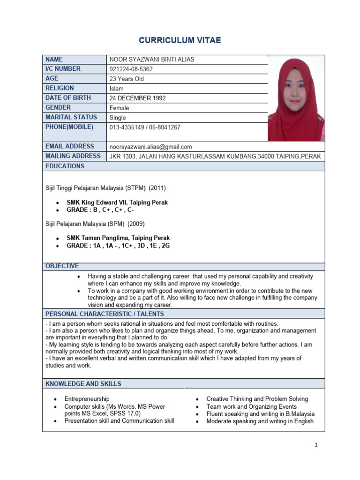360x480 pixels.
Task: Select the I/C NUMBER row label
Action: tap(63, 69)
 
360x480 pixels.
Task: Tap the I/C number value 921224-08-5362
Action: tap(131, 69)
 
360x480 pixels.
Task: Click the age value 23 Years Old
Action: tap(127, 79)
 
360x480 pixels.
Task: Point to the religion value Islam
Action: tap(116, 89)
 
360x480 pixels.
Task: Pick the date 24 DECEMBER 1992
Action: tap(137, 98)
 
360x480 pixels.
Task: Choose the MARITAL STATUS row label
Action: tap(71, 117)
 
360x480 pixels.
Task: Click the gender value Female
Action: tap(119, 108)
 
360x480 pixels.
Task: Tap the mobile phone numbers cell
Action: tap(145, 127)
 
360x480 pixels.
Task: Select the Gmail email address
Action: tap(150, 147)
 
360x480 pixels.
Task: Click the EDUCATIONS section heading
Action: tap(65, 166)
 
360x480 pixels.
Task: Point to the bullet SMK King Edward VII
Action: tap(117, 202)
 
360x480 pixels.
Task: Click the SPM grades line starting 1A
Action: tap(118, 246)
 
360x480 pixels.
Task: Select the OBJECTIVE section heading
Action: tap(62, 266)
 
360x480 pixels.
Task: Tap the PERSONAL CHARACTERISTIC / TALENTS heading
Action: tap(105, 314)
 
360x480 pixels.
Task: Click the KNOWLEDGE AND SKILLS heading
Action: tap(83, 383)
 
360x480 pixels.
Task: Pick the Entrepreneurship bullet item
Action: tap(87, 399)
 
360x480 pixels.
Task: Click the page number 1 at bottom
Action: tap(316, 445)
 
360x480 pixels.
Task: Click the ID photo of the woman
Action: tap(295, 98)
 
